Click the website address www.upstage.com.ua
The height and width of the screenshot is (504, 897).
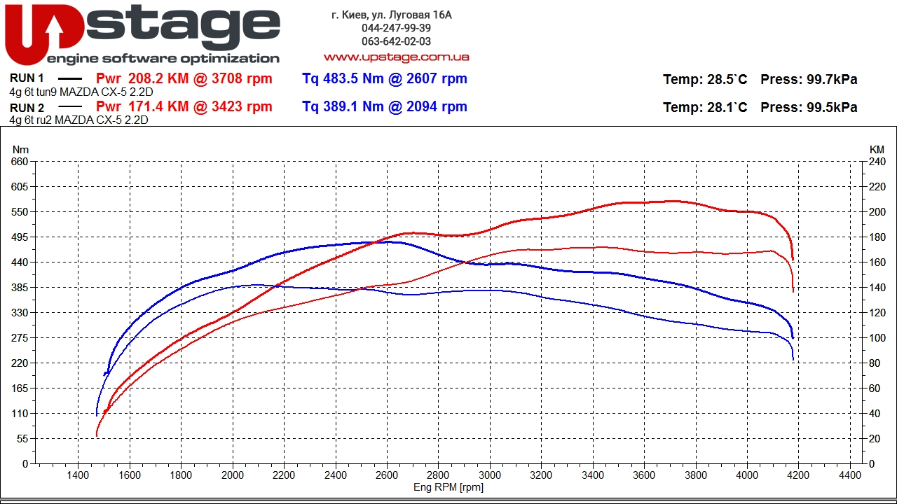396,57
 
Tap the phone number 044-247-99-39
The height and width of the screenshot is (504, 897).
396,28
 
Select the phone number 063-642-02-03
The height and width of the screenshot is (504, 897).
396,41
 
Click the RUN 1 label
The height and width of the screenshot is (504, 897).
27,78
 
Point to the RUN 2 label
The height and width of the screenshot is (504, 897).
27,108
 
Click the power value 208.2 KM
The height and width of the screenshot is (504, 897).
159,79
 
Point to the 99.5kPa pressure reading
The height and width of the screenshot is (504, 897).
832,108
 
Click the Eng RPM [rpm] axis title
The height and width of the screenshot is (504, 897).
448,487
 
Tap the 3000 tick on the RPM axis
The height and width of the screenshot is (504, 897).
490,475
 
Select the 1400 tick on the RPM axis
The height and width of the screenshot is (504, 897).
78,475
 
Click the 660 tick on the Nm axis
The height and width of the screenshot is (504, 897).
20,162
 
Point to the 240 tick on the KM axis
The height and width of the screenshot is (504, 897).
877,162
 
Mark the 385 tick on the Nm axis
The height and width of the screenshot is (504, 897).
20,288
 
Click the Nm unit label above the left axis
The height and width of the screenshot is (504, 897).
21,150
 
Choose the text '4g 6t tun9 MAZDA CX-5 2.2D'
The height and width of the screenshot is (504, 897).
81,92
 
